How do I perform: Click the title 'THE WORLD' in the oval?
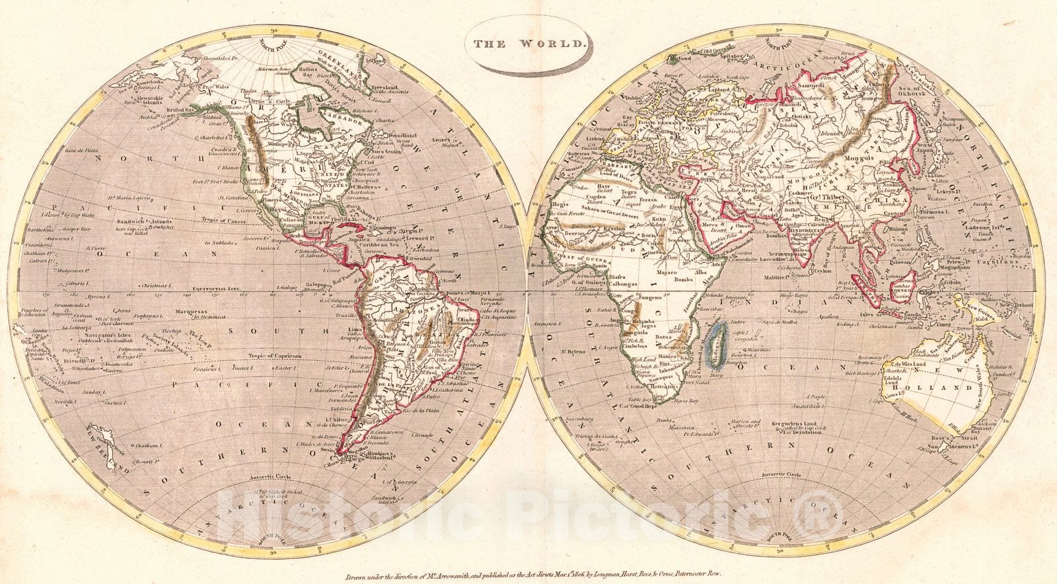tap(528, 44)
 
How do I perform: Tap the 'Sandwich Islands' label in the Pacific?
tap(153, 222)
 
